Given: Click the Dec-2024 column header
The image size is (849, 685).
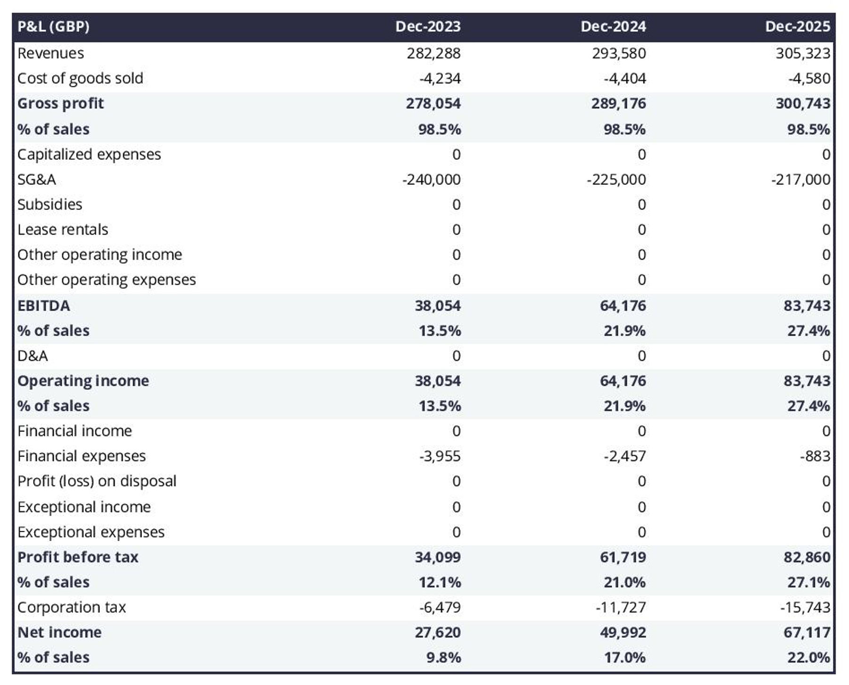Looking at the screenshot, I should click(613, 26).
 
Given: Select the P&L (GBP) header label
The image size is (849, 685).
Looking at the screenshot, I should click(53, 26).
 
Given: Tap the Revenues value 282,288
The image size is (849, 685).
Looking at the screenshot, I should click(433, 53).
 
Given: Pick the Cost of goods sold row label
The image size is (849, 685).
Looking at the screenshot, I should click(80, 78).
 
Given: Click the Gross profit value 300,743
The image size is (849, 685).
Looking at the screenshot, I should click(803, 103).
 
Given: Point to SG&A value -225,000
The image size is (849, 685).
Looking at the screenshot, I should click(616, 180).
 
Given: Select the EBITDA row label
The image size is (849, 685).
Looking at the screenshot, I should click(43, 305).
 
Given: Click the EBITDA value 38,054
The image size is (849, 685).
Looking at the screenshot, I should click(437, 305).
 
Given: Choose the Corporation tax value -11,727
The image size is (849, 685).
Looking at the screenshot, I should click(620, 607).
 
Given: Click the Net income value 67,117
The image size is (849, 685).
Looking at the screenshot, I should click(807, 632).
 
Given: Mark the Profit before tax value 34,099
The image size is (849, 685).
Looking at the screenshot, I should click(437, 557).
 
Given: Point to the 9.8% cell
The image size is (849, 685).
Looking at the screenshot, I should click(443, 657).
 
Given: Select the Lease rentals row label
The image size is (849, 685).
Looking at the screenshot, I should click(63, 230).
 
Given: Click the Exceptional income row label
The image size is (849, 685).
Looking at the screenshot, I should click(84, 507).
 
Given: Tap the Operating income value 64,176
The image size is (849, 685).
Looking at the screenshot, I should click(623, 381).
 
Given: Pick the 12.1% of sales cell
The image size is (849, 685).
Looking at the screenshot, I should click(440, 582).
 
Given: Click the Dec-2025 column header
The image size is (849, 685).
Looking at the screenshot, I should click(797, 26).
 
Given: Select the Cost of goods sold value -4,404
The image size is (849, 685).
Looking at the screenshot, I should click(624, 78).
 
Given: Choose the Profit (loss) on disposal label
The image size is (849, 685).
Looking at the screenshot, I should click(97, 481).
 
